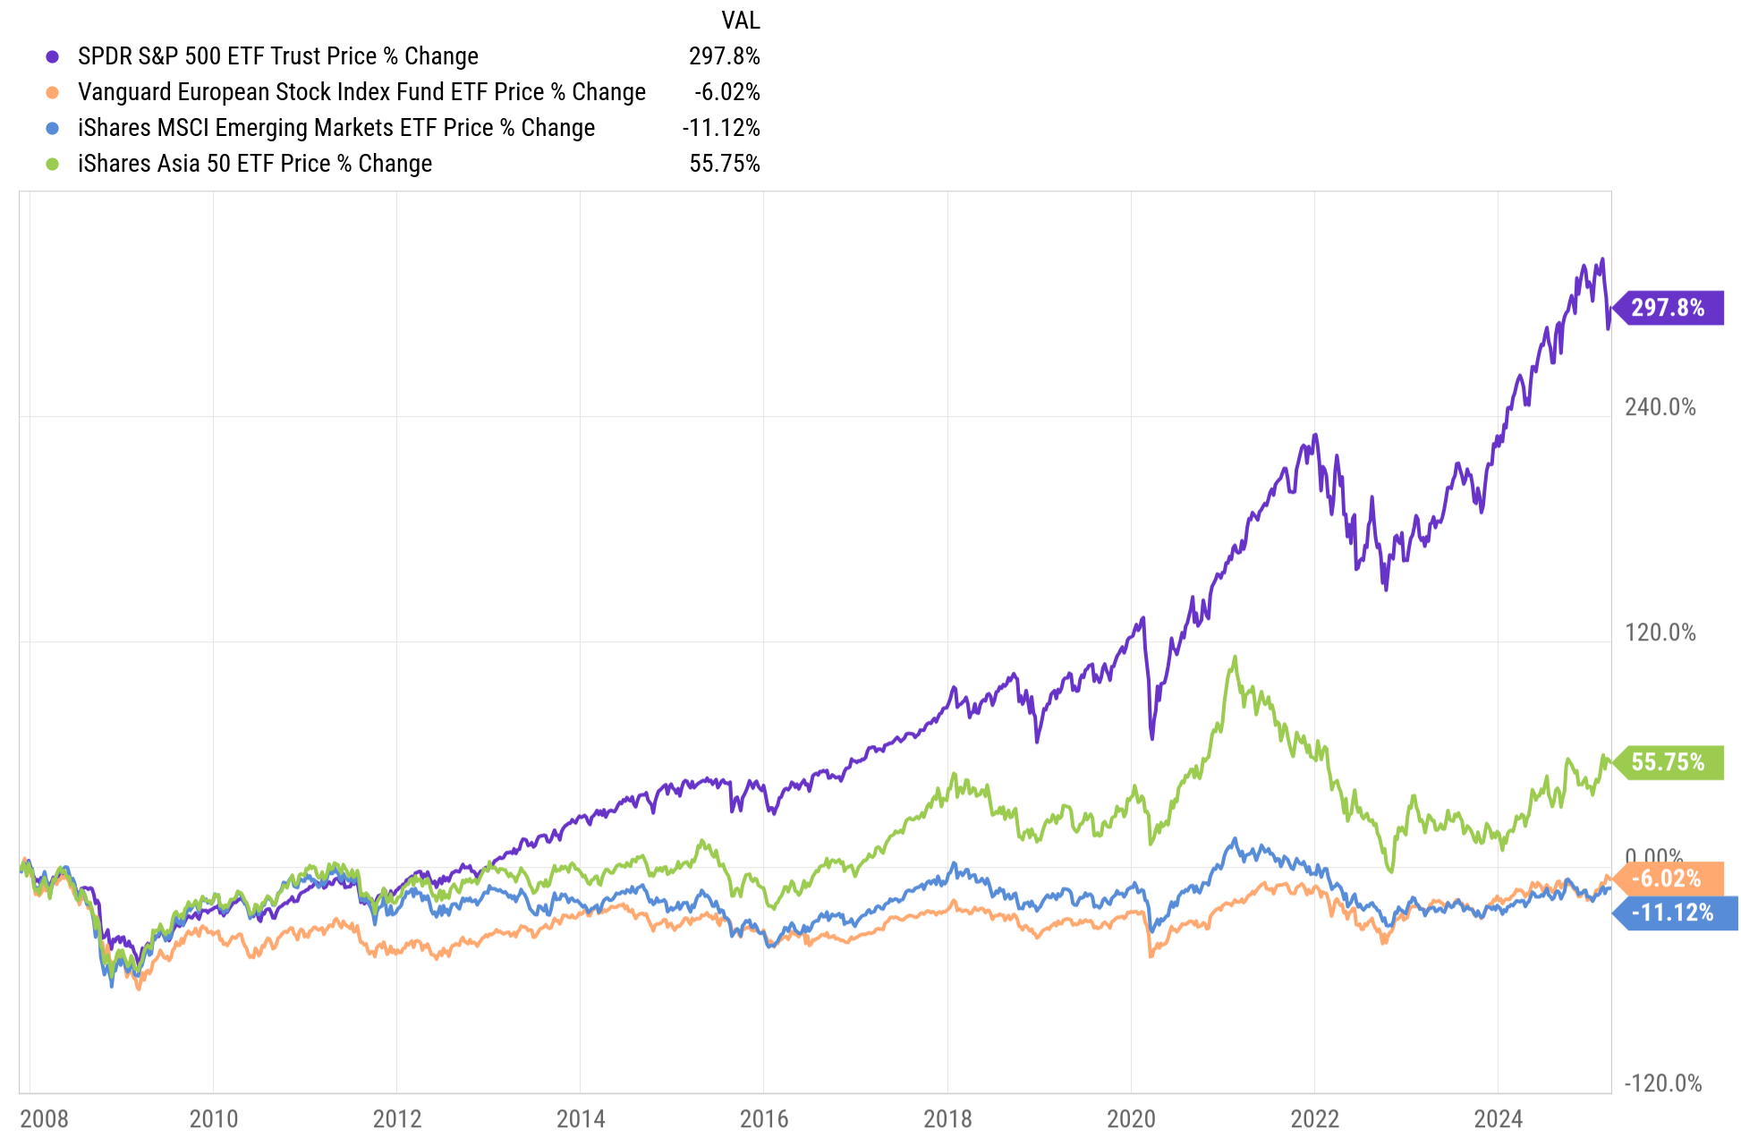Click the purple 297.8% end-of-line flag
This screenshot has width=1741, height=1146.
click(x=1669, y=308)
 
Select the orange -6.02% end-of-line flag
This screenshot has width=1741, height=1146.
click(x=1667, y=879)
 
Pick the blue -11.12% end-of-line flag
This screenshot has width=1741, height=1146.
click(x=1673, y=913)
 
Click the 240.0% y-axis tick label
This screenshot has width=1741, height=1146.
click(x=1660, y=407)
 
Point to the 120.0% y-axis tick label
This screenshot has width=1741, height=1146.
click(x=1660, y=632)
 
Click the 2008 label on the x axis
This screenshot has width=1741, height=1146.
click(x=44, y=1118)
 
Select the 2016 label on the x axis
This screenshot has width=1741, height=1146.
click(x=764, y=1118)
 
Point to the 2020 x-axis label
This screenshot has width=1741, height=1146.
click(x=1131, y=1118)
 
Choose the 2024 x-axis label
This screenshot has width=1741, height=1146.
click(x=1498, y=1118)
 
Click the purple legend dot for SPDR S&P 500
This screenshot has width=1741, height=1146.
click(x=53, y=56)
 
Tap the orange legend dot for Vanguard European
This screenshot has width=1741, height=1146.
click(x=53, y=92)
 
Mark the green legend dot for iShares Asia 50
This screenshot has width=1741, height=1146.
click(x=53, y=164)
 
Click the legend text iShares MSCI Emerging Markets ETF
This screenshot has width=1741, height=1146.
click(x=335, y=128)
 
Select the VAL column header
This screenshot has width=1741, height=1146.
click(x=740, y=20)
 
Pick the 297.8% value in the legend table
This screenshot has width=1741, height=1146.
click(x=724, y=56)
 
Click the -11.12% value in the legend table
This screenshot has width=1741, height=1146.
click(x=720, y=128)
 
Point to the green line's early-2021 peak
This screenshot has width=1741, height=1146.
click(x=1236, y=658)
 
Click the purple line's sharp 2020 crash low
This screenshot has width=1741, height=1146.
click(x=1151, y=738)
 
